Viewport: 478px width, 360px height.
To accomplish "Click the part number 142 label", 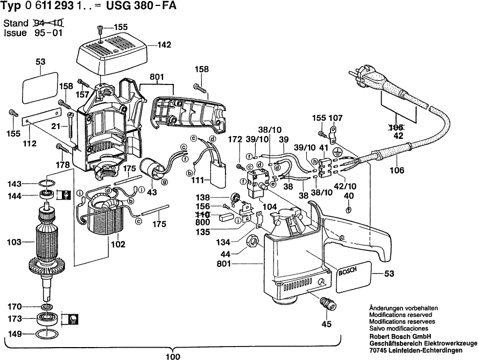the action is pos(164,45).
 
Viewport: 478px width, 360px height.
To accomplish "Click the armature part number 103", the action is pos(15,242).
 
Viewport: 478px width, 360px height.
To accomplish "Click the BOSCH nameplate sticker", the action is pos(354,277).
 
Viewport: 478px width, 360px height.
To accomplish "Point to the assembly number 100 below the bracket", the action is pos(173,356).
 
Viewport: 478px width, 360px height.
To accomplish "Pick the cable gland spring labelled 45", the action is pos(326,303).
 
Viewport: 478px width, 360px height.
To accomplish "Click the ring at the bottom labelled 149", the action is pos(45,334).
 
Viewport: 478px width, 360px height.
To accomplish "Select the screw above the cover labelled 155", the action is pos(101,29).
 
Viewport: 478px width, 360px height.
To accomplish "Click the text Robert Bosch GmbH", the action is pos(400,337).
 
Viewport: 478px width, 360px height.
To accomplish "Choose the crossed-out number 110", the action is pos(203,214).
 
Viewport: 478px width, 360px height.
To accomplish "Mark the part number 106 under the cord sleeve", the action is pos(397,170).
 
